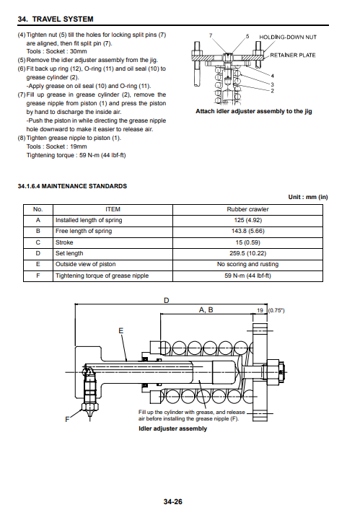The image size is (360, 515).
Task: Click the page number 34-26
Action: pyautogui.click(x=172, y=501)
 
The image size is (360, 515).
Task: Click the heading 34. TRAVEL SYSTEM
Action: pyautogui.click(x=56, y=19)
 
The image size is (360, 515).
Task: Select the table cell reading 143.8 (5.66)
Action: pyautogui.click(x=247, y=232)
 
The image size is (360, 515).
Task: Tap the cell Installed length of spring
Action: pyautogui.click(x=113, y=221)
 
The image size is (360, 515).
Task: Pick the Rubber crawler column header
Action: pyautogui.click(x=247, y=210)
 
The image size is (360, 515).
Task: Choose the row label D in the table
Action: pyautogui.click(x=38, y=253)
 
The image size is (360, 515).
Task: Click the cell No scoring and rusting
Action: pyautogui.click(x=247, y=265)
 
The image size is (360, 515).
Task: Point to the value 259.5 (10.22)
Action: pyautogui.click(x=247, y=253)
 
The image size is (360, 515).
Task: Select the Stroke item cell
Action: pyautogui.click(x=113, y=242)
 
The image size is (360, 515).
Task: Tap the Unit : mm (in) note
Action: pyautogui.click(x=308, y=197)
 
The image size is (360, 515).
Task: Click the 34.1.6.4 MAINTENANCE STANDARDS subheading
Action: pyautogui.click(x=72, y=186)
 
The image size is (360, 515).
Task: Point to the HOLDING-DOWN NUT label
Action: pyautogui.click(x=288, y=37)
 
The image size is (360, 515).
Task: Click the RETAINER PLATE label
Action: pyautogui.click(x=293, y=55)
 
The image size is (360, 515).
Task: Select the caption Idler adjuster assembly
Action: pyautogui.click(x=172, y=428)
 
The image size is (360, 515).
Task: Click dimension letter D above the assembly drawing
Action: pyautogui.click(x=167, y=301)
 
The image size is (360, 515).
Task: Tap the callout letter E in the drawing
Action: pyautogui.click(x=121, y=331)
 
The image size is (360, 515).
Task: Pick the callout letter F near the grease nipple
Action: pyautogui.click(x=67, y=419)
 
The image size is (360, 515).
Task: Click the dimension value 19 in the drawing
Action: pyautogui.click(x=260, y=310)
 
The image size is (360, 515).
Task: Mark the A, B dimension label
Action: pyautogui.click(x=206, y=309)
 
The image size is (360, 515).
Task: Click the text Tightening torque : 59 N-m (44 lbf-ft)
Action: pyautogui.click(x=76, y=155)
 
